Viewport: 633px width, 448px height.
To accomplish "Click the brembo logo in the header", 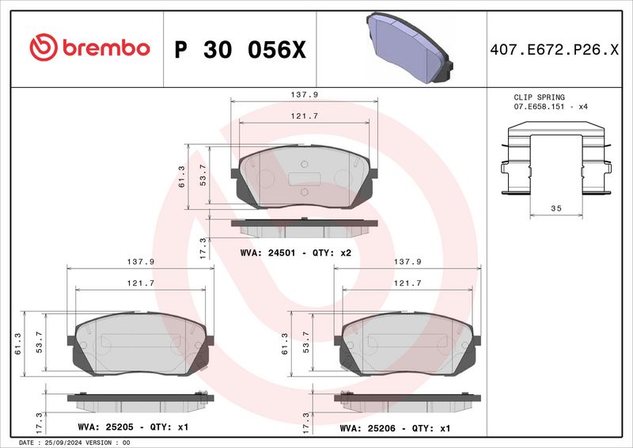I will [x=89, y=47].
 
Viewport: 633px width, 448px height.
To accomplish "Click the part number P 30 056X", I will [x=238, y=49].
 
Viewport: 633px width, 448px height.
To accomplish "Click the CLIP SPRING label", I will [x=540, y=97].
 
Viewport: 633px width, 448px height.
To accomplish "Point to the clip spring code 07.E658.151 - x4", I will [x=551, y=106].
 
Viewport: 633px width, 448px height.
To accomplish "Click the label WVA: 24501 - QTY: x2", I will [x=294, y=252].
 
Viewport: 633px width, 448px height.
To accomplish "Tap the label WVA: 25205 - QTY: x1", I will [x=132, y=427].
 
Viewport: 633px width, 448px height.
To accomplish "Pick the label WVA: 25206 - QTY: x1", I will [x=395, y=427].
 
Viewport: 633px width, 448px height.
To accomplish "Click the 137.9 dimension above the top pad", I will [x=305, y=94].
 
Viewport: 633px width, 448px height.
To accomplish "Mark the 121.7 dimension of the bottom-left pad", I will [x=140, y=283].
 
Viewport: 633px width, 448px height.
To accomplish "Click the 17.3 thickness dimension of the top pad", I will [x=203, y=248].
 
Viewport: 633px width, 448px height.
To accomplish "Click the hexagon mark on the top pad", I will [x=304, y=192].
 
